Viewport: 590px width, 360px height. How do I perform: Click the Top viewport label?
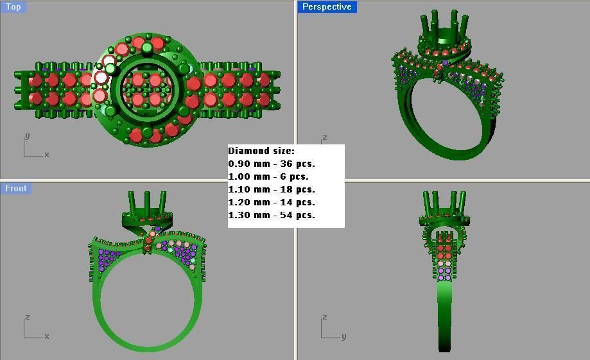tap(13, 6)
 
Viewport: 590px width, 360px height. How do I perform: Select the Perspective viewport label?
tap(327, 6)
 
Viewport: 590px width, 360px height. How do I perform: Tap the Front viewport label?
tap(16, 188)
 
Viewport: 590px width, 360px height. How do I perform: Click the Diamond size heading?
tap(261, 151)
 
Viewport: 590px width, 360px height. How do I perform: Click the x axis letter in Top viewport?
tap(47, 155)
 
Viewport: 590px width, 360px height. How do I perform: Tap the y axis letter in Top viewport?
tap(26, 136)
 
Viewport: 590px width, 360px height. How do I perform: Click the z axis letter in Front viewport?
tap(26, 317)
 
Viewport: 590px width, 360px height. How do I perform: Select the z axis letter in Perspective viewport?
tap(325, 137)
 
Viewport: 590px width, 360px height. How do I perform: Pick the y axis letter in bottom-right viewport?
tap(344, 336)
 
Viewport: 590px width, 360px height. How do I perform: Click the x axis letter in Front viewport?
tap(47, 336)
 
